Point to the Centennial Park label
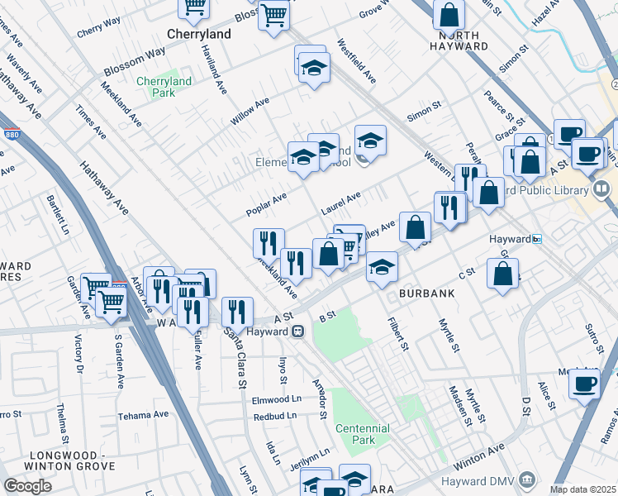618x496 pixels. (x=362, y=434)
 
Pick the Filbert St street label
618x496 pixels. (x=400, y=332)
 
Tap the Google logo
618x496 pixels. (x=28, y=486)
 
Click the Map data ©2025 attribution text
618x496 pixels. (x=583, y=489)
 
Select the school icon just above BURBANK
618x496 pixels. (x=382, y=267)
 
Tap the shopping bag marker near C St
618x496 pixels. (x=502, y=274)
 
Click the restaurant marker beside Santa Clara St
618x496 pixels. (x=237, y=312)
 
